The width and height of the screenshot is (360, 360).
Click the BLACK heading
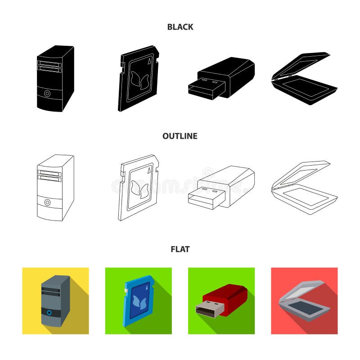180,27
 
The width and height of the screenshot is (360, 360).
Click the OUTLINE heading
180,136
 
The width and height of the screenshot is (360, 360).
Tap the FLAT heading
180,249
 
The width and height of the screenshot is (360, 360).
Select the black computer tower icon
55,78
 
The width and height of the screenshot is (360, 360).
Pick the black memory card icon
138,78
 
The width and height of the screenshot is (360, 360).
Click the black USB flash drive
221,78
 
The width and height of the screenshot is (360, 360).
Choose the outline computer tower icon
55,188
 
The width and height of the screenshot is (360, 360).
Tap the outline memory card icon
138,188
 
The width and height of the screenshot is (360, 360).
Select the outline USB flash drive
221,188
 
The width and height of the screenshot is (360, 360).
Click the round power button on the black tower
47,94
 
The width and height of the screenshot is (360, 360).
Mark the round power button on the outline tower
47,203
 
